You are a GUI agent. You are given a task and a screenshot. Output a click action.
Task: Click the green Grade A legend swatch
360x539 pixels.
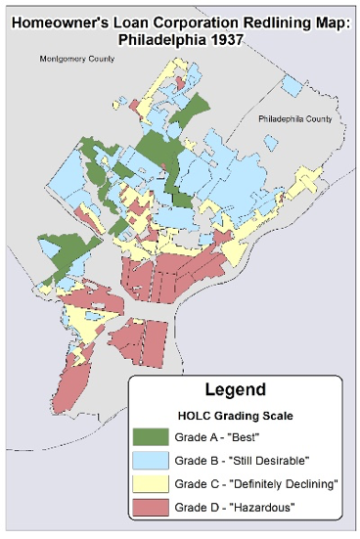(x=151, y=435)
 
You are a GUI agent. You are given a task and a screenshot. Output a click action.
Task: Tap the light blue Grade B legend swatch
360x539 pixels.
(x=151, y=459)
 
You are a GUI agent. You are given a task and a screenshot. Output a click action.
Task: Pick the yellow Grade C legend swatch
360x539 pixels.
(x=151, y=482)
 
